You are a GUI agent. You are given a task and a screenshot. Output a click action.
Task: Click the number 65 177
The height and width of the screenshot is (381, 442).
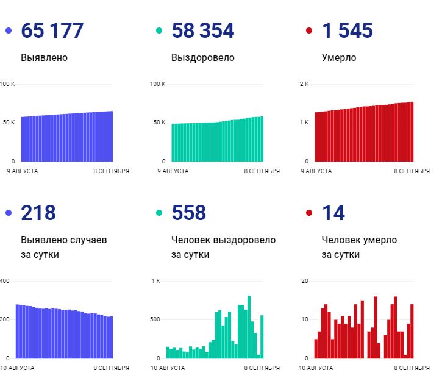point(52,30)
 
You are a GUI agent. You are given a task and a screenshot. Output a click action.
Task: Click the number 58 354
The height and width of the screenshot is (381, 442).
point(202,30)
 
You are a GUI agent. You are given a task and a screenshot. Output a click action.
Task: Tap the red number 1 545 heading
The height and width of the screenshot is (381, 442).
point(347,30)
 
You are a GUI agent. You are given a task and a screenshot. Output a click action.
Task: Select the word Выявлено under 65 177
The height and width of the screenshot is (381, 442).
point(44,58)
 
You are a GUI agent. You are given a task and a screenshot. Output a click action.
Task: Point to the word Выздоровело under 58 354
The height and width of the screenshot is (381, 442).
point(202,58)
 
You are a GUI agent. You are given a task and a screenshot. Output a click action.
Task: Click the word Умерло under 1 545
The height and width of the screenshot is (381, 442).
point(339,58)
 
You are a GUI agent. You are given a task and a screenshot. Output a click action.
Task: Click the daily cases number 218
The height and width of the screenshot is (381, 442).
point(38,213)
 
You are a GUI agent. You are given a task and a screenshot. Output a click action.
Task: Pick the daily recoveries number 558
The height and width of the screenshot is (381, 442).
point(188,213)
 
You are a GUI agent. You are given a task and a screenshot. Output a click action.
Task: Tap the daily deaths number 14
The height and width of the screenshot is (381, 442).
point(333,213)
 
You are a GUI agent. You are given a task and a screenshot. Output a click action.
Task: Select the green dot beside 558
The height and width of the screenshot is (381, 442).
point(159,213)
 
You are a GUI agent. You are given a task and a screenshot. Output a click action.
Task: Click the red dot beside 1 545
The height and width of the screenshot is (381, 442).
point(309,30)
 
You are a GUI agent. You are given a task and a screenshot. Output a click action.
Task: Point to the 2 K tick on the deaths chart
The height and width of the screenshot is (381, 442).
point(304,84)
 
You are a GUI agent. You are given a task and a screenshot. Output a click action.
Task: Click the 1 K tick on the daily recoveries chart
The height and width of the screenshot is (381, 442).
point(155,281)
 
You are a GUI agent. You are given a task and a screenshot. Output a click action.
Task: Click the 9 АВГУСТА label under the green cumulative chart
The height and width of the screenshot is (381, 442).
point(174,171)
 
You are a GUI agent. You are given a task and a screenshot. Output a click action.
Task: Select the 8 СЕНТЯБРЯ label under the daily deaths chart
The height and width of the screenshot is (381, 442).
point(412,368)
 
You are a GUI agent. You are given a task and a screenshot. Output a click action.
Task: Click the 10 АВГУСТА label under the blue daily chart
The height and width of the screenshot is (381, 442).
point(18,368)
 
